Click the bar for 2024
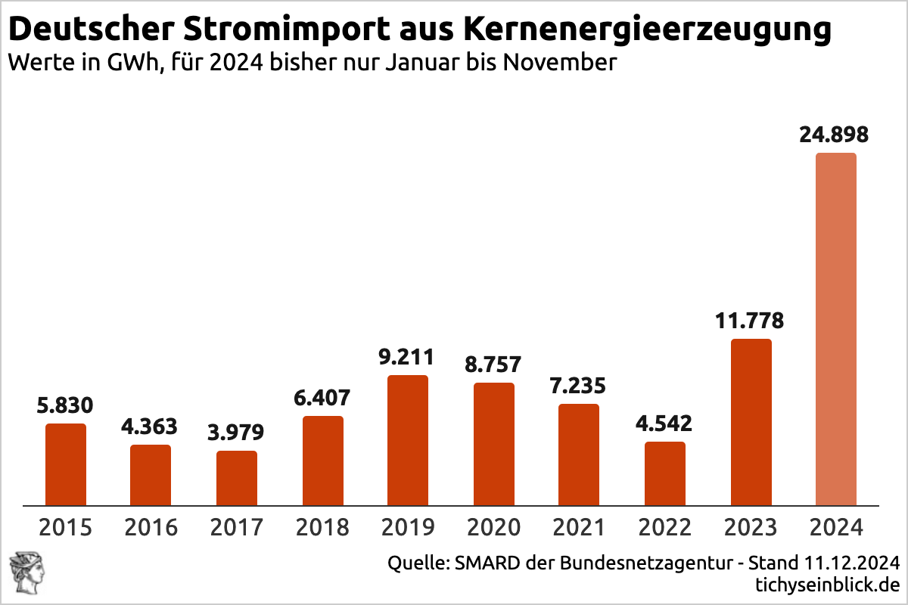[836, 329]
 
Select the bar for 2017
[237, 478]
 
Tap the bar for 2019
[408, 440]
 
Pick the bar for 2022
[665, 473]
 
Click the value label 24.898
[834, 135]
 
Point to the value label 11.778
[750, 321]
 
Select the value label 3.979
[236, 433]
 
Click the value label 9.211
[408, 357]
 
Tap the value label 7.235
[578, 386]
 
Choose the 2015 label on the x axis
[65, 526]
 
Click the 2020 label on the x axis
[493, 526]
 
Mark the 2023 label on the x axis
[751, 526]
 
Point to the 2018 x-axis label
[322, 526]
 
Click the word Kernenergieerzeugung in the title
[647, 30]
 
